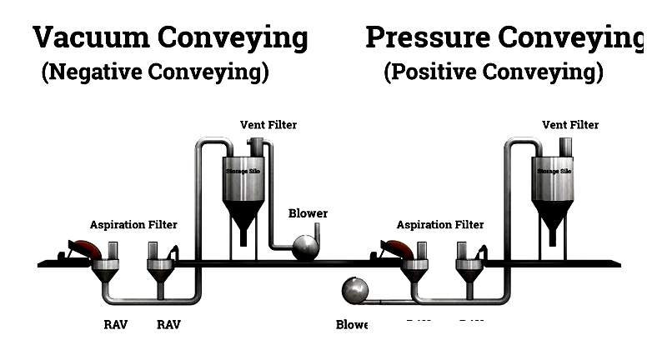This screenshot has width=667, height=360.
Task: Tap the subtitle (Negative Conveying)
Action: coord(155,72)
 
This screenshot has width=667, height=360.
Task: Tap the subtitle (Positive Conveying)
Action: coord(494,72)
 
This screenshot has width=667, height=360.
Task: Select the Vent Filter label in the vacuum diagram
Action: coord(268,125)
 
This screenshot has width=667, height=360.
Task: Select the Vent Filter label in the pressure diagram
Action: coord(570,125)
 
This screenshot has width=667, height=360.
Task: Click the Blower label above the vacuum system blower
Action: coord(308,213)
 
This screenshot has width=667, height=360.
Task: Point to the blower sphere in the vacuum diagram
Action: coord(304,247)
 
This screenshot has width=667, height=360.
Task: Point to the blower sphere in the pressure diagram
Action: coord(358,292)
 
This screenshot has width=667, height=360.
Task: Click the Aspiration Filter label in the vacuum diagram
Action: coord(133,225)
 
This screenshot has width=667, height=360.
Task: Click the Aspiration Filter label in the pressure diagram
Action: coord(439,225)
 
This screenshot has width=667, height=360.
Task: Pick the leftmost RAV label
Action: coord(115,325)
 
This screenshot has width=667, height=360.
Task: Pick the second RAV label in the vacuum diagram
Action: coord(168,325)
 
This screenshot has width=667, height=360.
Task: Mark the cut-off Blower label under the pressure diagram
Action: coord(351,324)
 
